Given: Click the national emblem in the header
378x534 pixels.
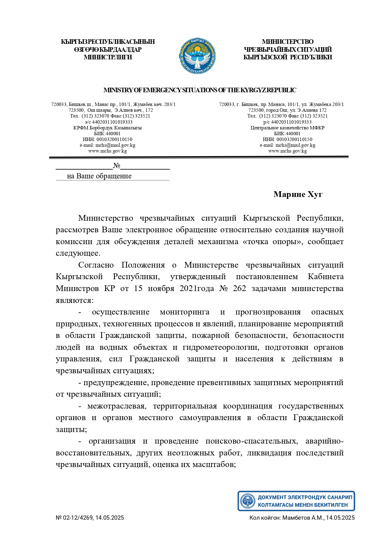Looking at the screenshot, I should [x=198, y=56].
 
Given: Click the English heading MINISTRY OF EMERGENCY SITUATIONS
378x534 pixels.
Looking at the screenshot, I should [x=200, y=90].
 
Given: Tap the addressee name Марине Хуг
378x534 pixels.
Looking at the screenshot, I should [x=298, y=195].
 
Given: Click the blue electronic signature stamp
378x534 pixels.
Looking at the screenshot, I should [x=296, y=501].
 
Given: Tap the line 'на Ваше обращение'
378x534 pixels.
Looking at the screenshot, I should [x=99, y=176].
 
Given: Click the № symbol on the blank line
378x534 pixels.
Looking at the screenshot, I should [x=117, y=166].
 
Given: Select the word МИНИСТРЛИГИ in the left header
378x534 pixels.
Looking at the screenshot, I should [x=108, y=57].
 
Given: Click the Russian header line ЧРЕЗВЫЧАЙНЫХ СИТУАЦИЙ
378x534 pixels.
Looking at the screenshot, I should [x=288, y=50].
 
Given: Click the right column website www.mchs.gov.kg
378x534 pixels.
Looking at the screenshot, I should [x=287, y=151].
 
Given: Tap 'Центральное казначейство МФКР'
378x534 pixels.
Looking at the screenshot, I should [x=287, y=128].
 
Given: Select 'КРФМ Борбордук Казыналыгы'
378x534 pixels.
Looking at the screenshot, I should [x=108, y=128].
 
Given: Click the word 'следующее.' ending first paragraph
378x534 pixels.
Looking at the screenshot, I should [x=78, y=253].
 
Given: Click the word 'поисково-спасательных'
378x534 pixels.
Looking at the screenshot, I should [x=252, y=441].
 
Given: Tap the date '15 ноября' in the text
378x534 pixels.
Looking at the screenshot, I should [x=154, y=289].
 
